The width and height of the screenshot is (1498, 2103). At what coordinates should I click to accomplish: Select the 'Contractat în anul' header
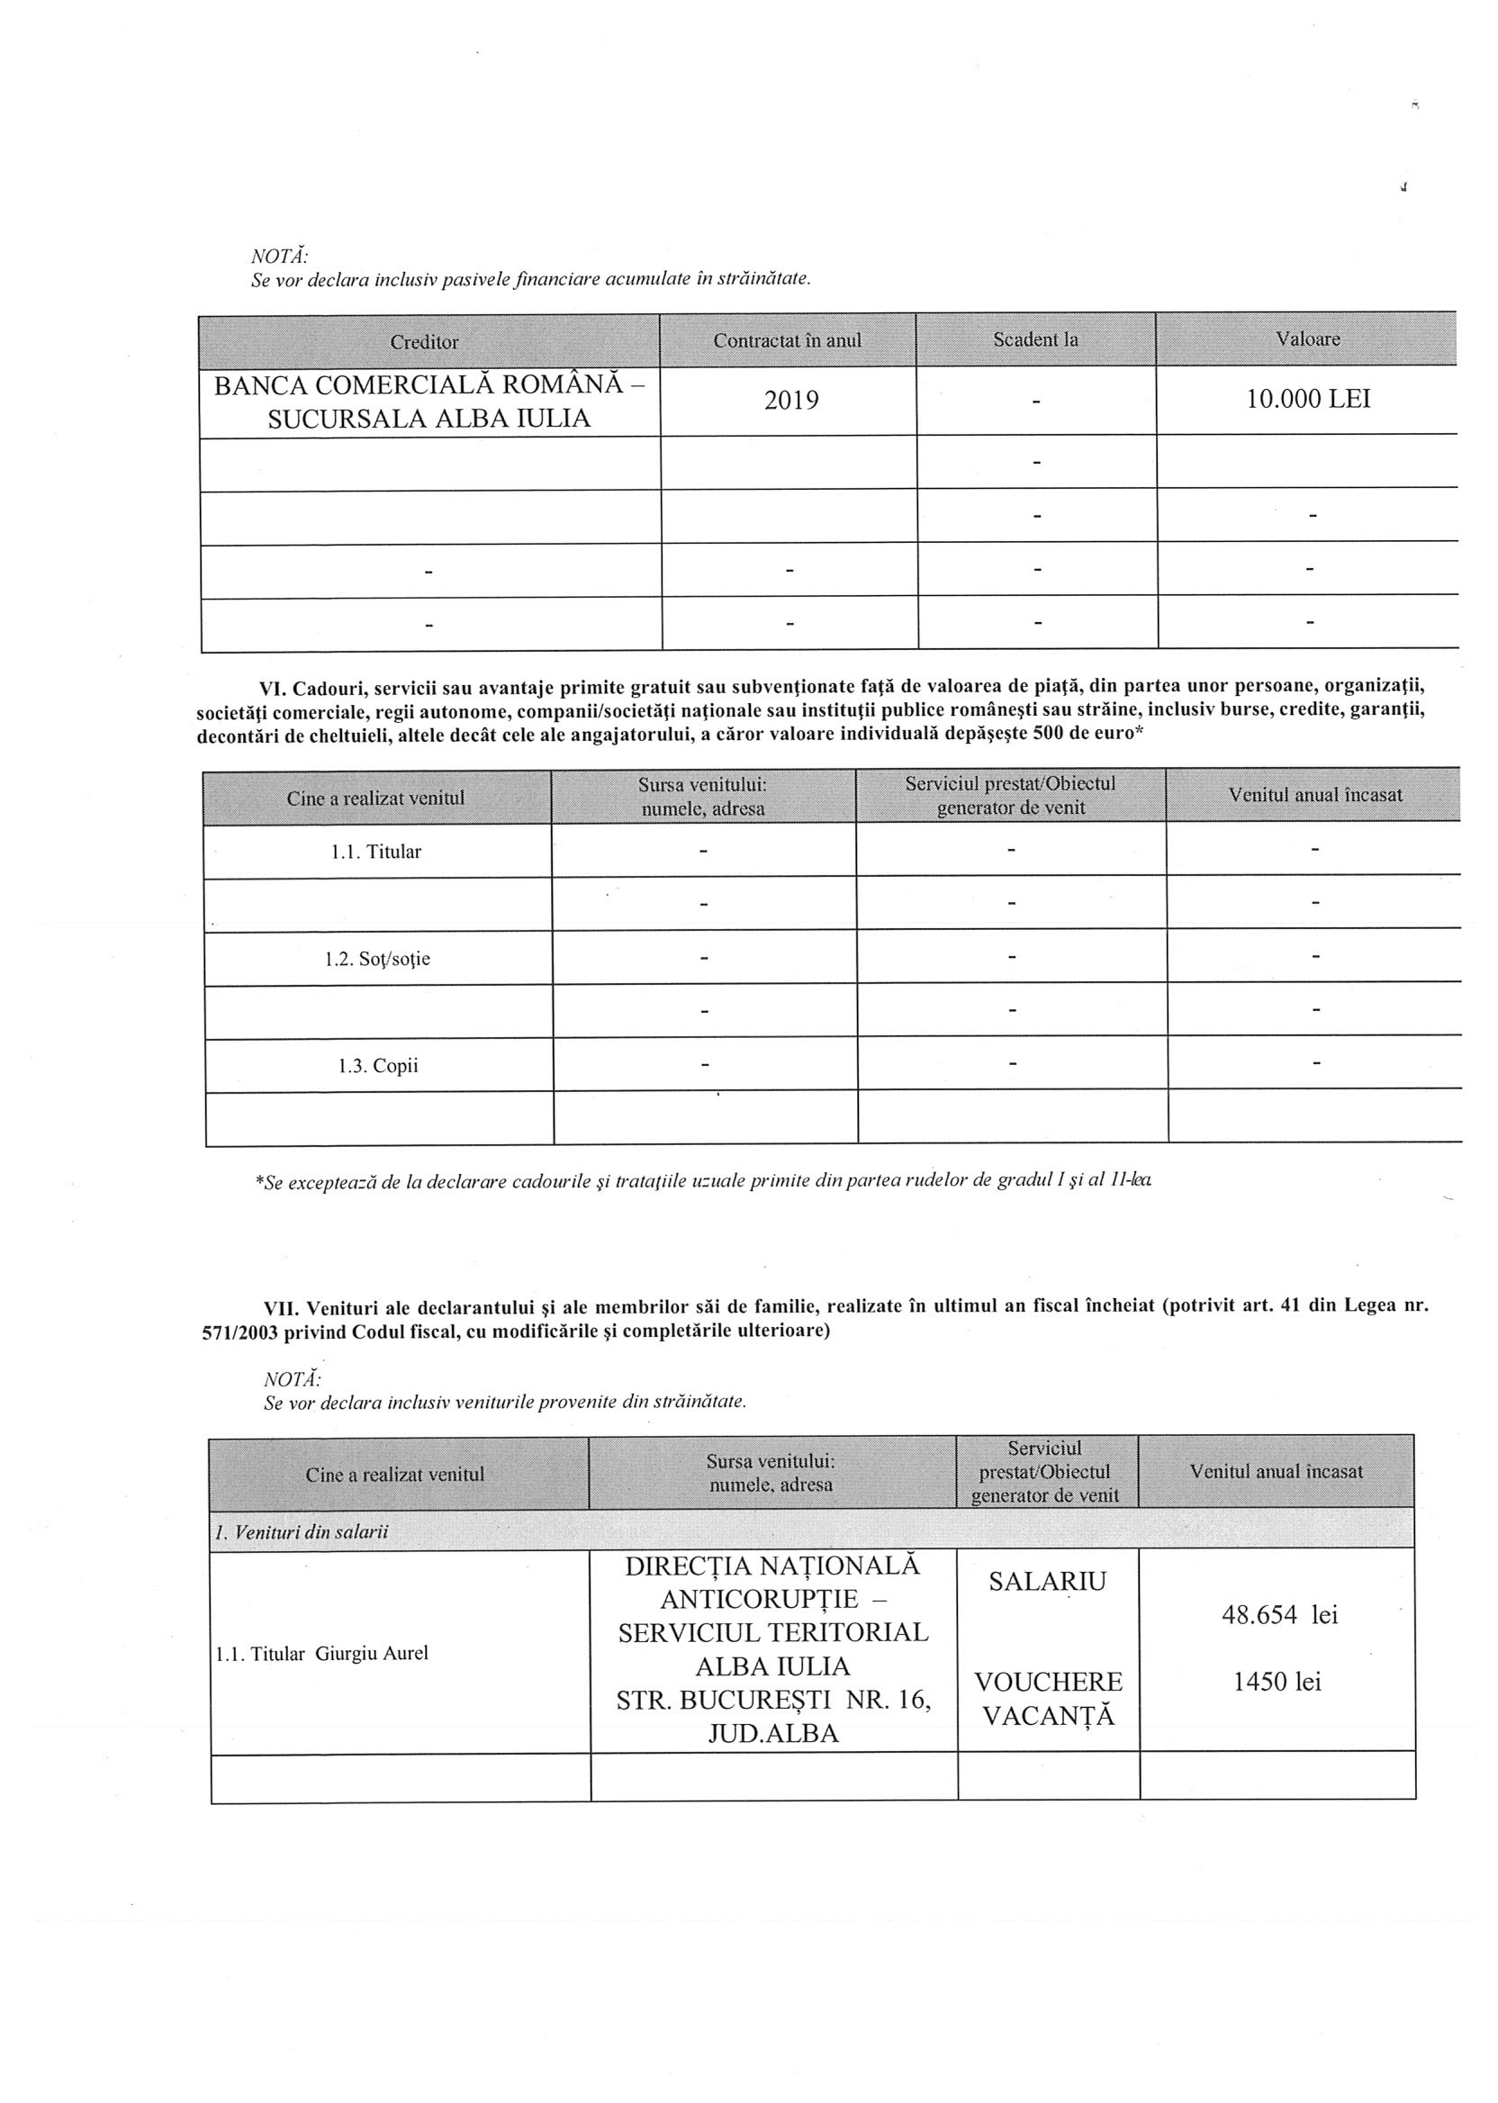tap(787, 340)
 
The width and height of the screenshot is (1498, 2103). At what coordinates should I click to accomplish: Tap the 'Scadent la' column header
tap(1035, 339)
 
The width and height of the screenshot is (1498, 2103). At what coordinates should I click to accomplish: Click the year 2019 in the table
tap(791, 401)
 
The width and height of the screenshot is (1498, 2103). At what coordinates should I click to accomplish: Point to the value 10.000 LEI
tap(1308, 399)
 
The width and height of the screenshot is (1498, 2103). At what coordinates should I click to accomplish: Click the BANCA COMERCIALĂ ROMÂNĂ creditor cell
tap(429, 402)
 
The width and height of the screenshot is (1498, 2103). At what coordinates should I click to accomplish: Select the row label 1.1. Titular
tap(375, 852)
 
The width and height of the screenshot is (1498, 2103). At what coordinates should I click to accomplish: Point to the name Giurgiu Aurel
tap(372, 1653)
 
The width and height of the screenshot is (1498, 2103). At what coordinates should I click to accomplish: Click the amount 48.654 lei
tap(1279, 1614)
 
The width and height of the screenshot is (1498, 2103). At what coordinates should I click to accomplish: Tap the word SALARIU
tap(1047, 1582)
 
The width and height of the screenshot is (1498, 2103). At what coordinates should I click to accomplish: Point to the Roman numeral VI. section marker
tap(273, 687)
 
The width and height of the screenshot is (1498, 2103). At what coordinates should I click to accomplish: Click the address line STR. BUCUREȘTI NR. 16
tap(773, 1699)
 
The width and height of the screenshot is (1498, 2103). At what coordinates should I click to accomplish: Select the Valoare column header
tap(1307, 338)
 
